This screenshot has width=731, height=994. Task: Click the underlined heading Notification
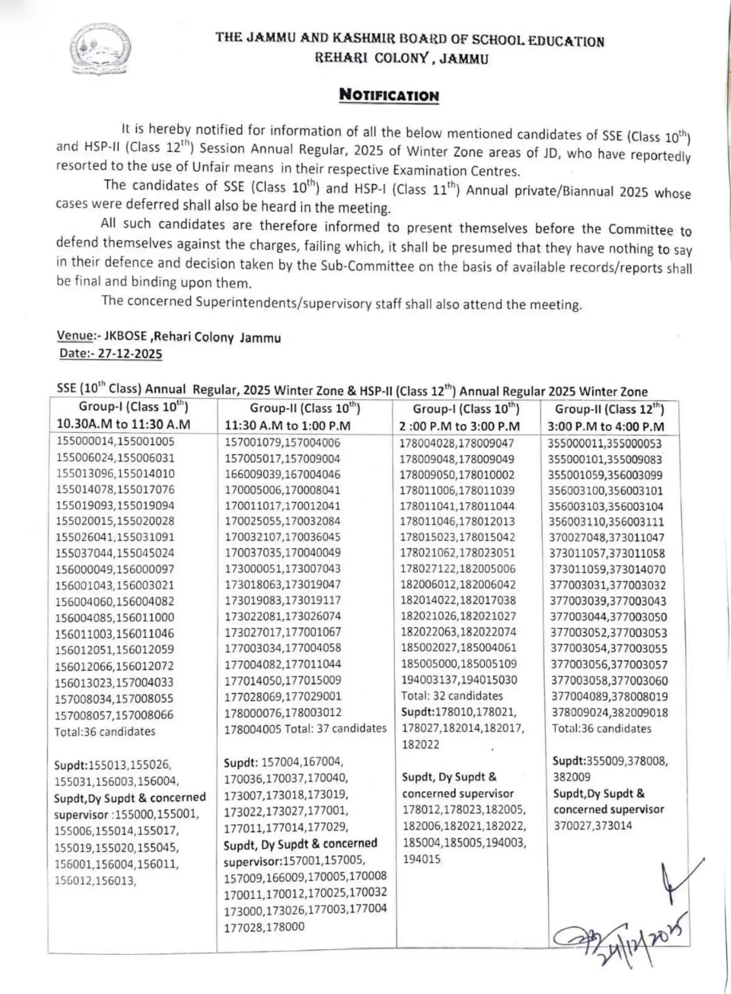click(x=389, y=95)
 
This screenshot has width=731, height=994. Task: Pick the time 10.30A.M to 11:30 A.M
click(x=123, y=425)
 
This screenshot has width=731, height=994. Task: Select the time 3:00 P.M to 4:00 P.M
click(x=606, y=427)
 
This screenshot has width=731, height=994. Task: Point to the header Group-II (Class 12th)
click(x=609, y=409)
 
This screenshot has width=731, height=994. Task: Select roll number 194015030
click(x=488, y=680)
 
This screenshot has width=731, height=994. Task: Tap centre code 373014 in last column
click(x=614, y=825)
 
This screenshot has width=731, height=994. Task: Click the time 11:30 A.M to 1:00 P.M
click(x=288, y=426)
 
